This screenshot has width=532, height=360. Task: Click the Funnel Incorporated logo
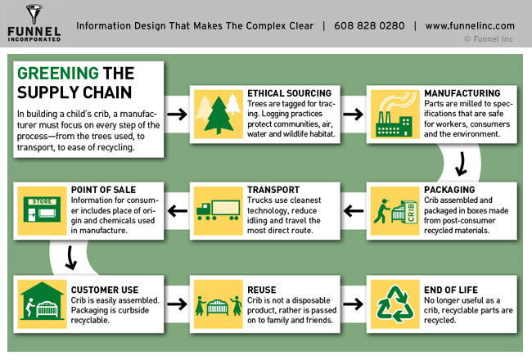(x=34, y=23)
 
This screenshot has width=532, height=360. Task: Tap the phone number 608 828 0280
(x=369, y=26)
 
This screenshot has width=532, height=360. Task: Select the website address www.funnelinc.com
(x=470, y=26)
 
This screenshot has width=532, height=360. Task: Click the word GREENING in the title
(x=58, y=74)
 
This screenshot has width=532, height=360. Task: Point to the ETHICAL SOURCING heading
(x=289, y=93)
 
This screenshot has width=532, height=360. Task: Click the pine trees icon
(x=219, y=114)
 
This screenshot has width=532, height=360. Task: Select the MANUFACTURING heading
(x=462, y=93)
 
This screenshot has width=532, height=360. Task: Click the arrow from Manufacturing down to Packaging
(x=461, y=164)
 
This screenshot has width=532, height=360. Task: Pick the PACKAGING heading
(x=449, y=190)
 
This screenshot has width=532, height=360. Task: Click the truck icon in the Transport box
(x=219, y=209)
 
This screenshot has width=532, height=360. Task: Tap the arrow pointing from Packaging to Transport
(x=354, y=211)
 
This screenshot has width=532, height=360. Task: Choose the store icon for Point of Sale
(x=42, y=209)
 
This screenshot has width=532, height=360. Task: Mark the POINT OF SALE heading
(x=103, y=190)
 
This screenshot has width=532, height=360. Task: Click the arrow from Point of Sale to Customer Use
(x=70, y=258)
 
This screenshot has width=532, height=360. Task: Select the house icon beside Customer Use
(x=42, y=301)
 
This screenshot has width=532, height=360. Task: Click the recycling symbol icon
(x=395, y=304)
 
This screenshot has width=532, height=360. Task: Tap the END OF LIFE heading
(x=451, y=290)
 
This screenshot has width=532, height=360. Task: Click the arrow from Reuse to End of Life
(x=354, y=304)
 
